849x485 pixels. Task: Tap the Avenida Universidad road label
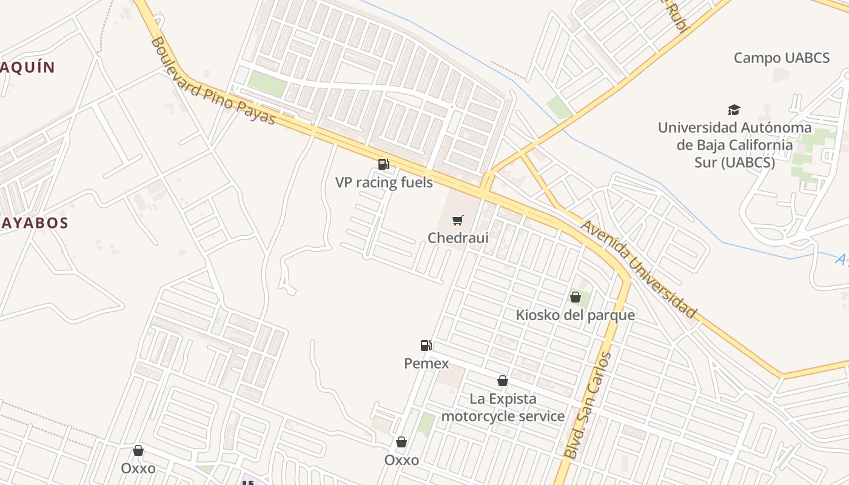(x=639, y=269)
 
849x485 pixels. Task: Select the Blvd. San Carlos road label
(x=588, y=405)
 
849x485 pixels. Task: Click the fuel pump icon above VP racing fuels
(x=383, y=164)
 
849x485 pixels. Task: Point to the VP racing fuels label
(x=384, y=182)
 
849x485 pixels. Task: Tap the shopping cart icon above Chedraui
(x=458, y=220)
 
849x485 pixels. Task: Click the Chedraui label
(x=458, y=238)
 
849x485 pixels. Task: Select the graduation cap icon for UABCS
(x=734, y=110)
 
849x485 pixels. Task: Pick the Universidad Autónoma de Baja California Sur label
(x=734, y=145)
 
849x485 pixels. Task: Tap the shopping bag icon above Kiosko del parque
(x=575, y=297)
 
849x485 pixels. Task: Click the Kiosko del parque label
(x=575, y=315)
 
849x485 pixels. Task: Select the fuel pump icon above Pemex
(x=426, y=346)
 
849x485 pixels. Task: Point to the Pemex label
(x=426, y=364)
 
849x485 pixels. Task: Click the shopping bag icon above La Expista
(x=503, y=381)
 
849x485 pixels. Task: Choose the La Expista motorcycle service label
(x=503, y=407)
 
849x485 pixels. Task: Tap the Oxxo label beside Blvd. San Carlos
(x=401, y=460)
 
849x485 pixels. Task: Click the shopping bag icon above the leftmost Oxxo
(x=138, y=450)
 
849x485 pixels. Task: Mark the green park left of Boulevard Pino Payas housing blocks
(x=267, y=84)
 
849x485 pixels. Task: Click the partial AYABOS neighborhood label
(x=34, y=223)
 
